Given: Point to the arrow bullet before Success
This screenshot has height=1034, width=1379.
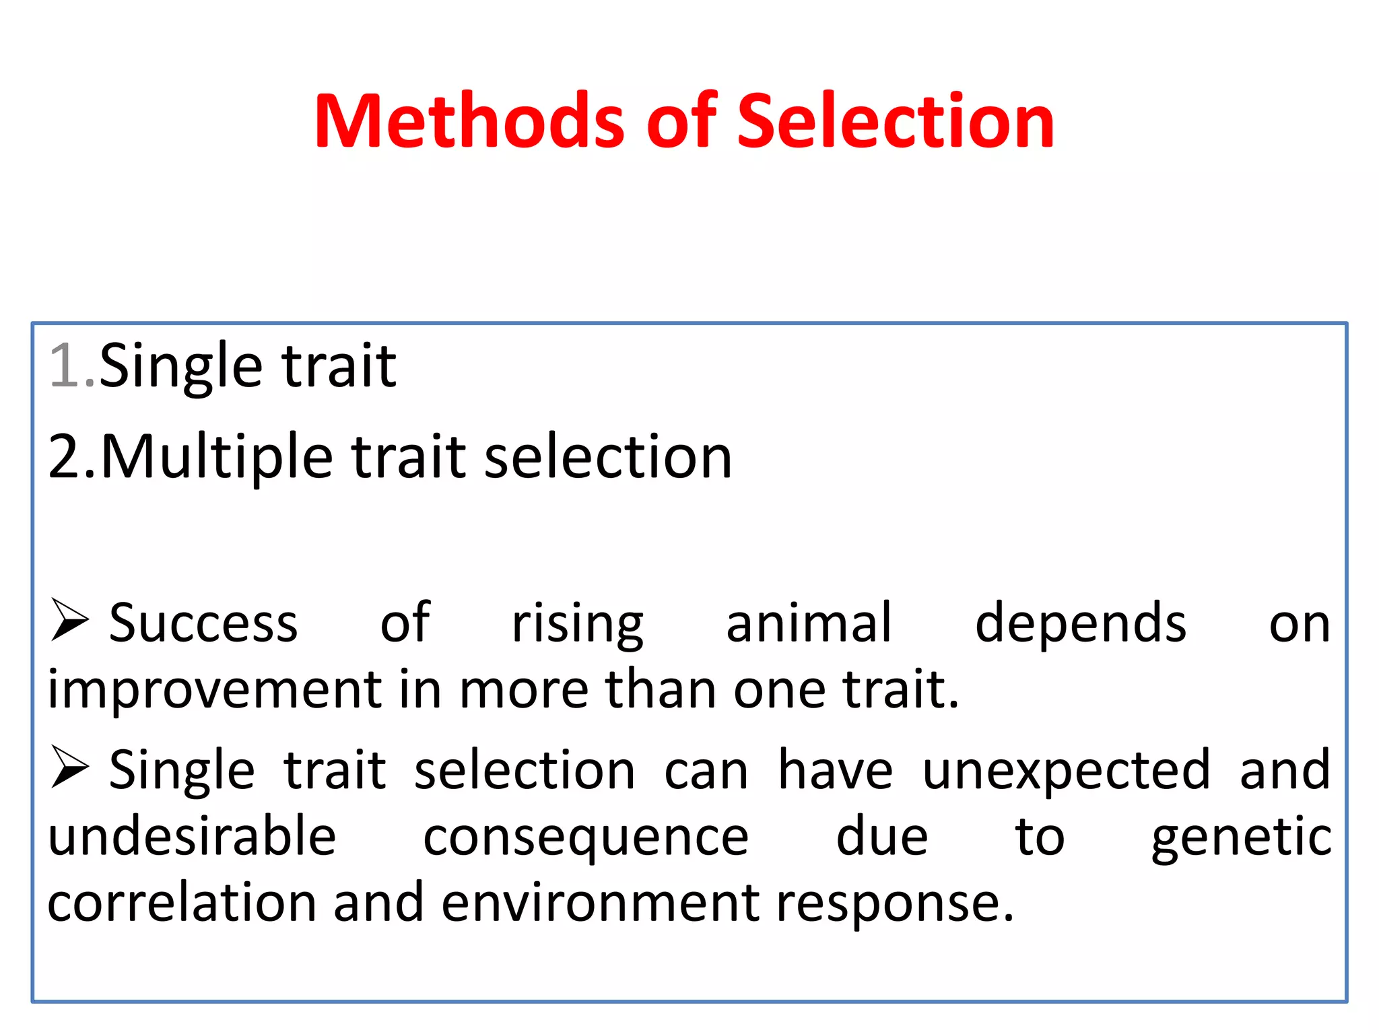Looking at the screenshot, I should pos(70,620).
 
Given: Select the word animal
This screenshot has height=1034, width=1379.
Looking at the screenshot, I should pos(809,623).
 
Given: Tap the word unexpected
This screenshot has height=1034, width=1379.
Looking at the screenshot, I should pos(1066,771).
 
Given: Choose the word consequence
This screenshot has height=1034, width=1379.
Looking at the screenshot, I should pos(585,838).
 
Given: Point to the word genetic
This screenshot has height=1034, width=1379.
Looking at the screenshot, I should pos(1240,838).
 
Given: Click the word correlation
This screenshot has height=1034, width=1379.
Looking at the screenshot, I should pos(182,903).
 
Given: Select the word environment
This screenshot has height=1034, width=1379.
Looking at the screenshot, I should pos(600,903).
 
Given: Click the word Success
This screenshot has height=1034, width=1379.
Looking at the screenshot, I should pos(203,623).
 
